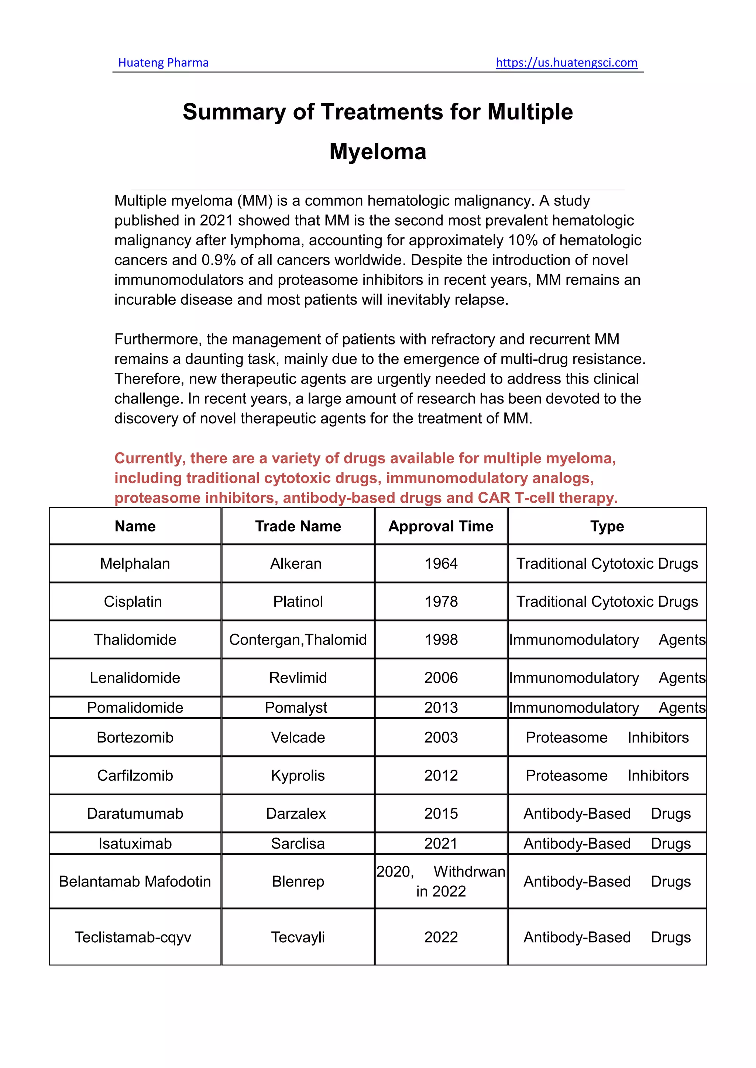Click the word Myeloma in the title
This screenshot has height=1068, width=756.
pos(378,152)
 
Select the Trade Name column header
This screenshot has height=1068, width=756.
pos(298,526)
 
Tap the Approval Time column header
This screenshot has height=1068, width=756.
pos(441,526)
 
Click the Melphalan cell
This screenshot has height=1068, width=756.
pos(135,563)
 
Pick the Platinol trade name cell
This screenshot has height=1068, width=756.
pos(298,601)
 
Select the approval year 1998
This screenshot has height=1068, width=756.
pos(441,639)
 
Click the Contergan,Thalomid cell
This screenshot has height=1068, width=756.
pos(298,639)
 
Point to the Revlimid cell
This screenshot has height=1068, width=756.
pos(298,678)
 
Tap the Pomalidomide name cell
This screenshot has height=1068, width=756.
pos(135,707)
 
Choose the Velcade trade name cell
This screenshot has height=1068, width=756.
pos(298,737)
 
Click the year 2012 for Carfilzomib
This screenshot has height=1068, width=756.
pos(441,776)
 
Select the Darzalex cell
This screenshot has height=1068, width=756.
pos(296,814)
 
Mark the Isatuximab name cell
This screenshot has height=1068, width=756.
pos(135,843)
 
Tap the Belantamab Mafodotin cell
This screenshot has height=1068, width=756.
pos(135,881)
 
